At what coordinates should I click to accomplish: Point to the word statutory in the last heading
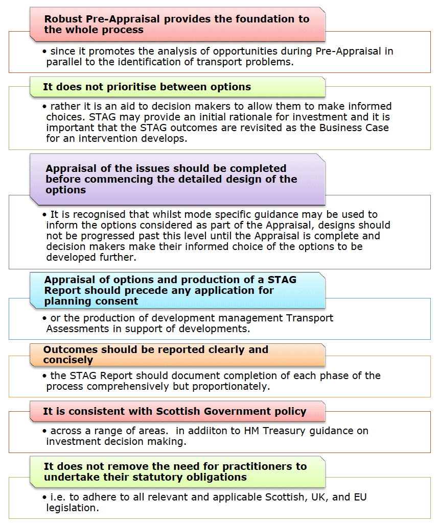tap(155, 477)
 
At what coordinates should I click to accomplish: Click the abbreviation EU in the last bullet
tap(360, 497)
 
